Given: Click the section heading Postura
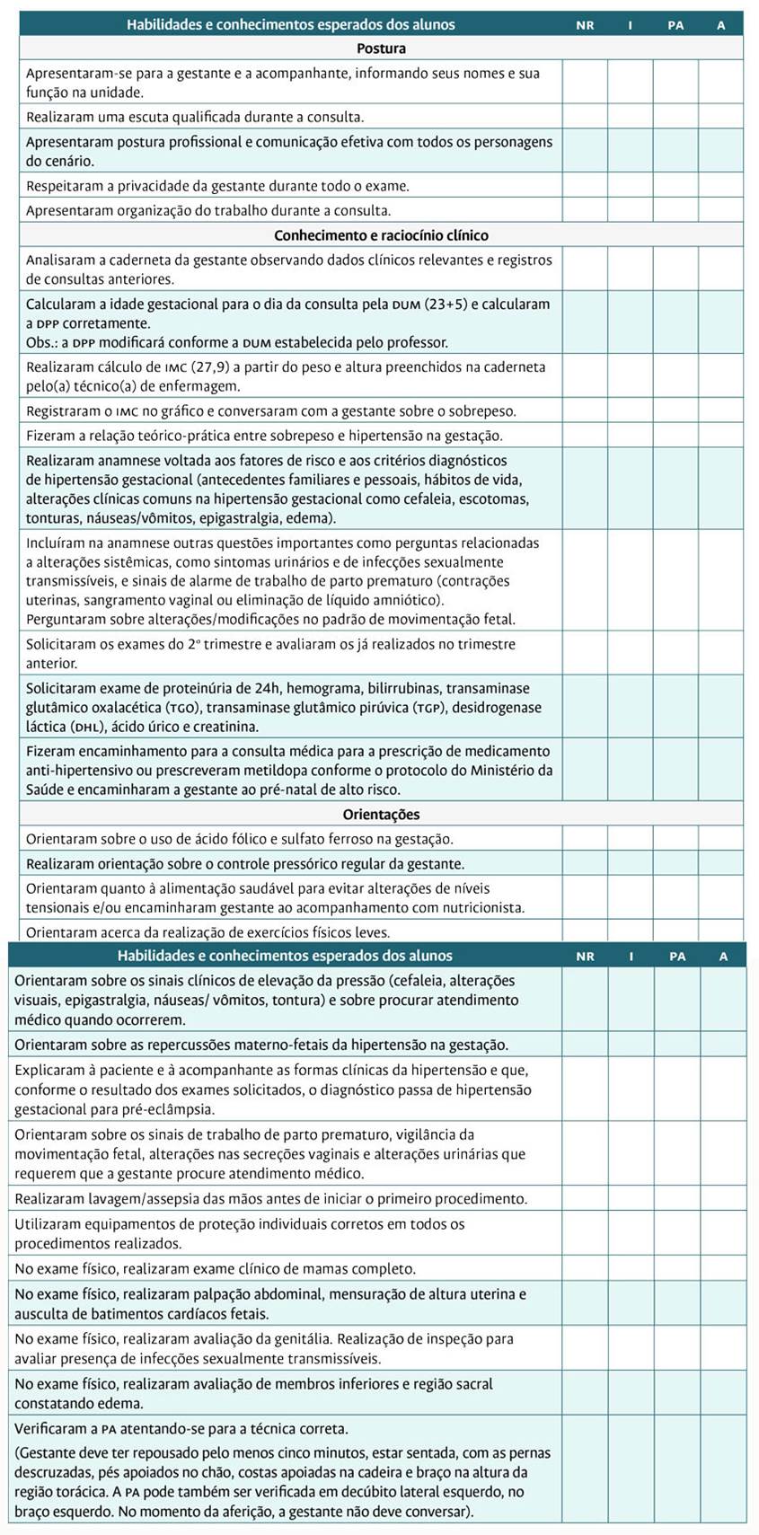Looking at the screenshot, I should tap(381, 49).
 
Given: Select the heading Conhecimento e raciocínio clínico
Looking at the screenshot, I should tap(381, 235).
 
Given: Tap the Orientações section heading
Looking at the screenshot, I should tap(381, 815).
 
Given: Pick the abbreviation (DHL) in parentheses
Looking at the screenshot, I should tap(99, 727).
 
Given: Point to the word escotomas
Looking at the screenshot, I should tap(499, 498).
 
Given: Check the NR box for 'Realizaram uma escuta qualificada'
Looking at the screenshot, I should tap(585, 117).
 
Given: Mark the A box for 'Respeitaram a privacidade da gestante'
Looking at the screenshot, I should tap(720, 186).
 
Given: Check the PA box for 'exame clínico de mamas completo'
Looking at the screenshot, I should tap(676, 1269).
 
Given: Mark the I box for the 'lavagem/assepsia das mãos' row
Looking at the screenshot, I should tap(631, 1199).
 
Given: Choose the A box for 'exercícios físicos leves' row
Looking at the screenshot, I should tap(720, 931).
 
